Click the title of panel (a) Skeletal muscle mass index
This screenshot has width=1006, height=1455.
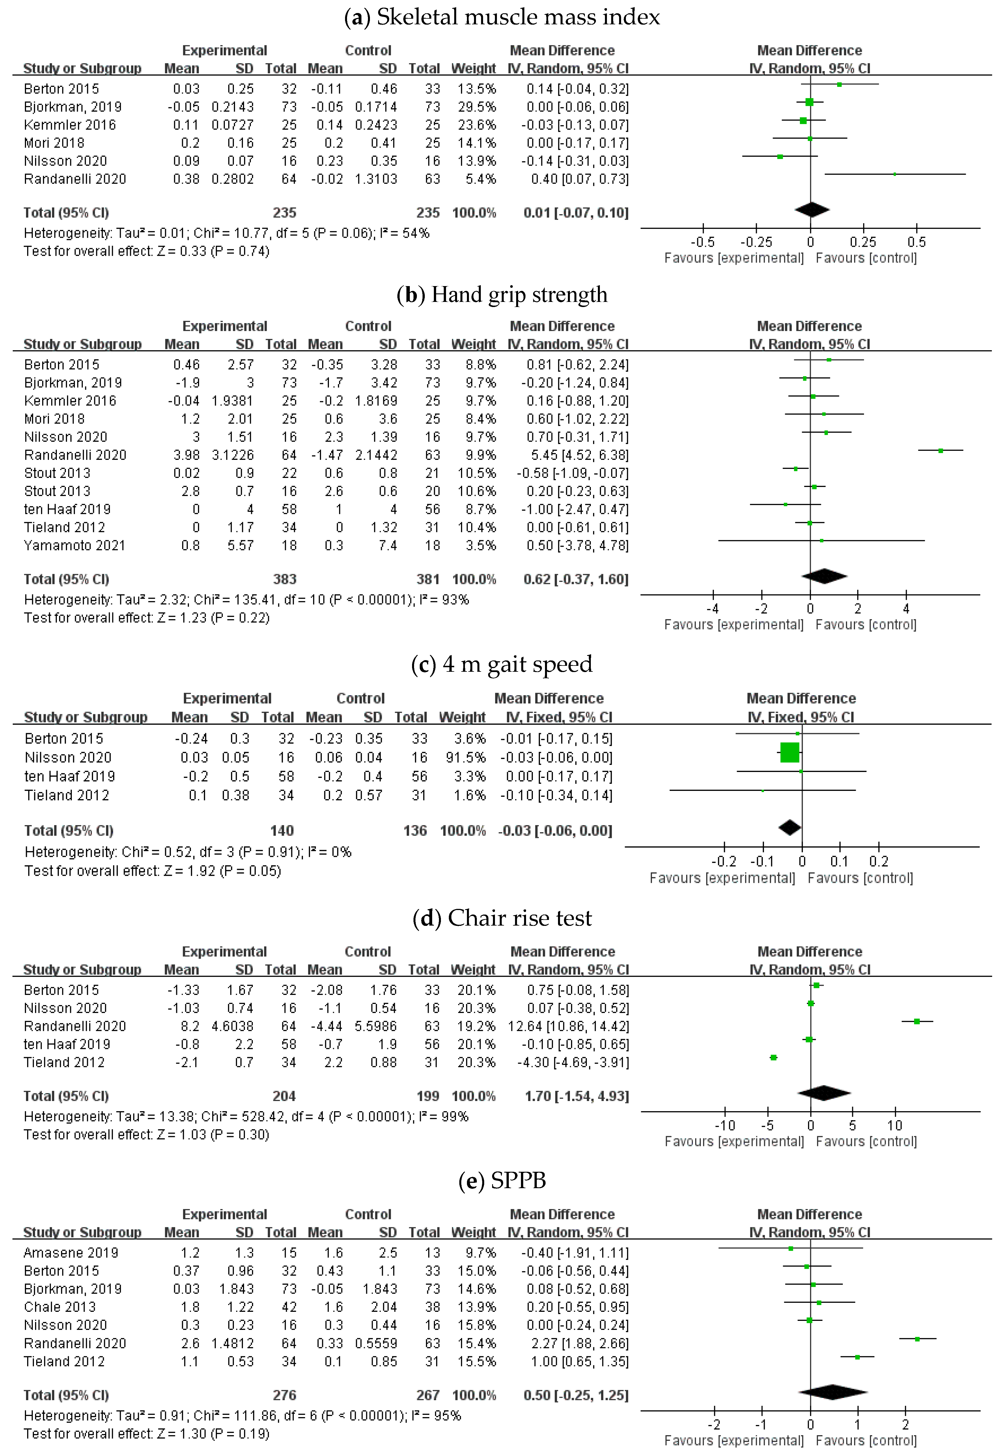502,17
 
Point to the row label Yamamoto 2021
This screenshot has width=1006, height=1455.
74,545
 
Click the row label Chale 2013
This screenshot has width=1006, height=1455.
60,1307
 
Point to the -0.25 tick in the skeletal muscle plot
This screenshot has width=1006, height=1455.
756,242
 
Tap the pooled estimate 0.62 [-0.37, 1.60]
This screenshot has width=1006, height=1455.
576,579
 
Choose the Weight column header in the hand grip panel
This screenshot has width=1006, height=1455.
473,344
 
